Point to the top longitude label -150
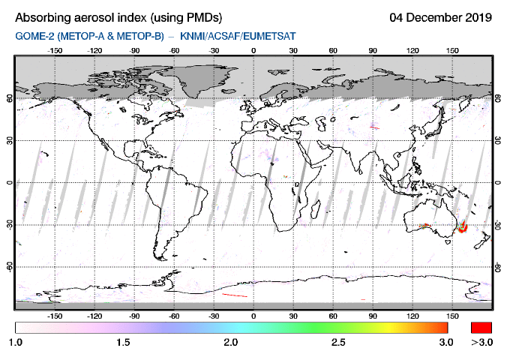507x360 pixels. coord(55,51)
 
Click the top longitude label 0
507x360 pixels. coord(253,51)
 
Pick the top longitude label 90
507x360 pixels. coord(373,51)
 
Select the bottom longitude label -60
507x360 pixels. coord(174,316)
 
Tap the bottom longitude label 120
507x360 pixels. coord(412,316)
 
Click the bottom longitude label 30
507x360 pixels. coord(293,316)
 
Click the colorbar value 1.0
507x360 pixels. coord(16,343)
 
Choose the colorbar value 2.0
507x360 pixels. coord(232,343)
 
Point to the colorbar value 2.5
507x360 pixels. coord(339,343)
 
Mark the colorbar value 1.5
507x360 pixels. coord(124,343)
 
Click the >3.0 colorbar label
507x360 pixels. coord(481,343)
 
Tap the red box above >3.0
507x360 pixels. coord(481,327)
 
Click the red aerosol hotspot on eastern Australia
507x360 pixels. coord(462,226)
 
